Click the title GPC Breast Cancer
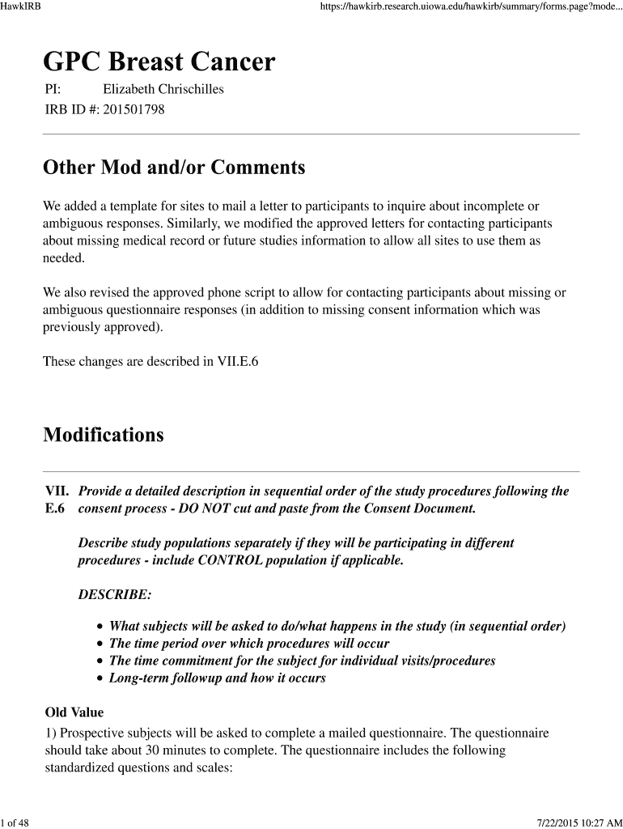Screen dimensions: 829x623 point(159,62)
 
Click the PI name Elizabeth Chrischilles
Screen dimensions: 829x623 point(163,90)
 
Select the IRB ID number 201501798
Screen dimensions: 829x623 point(133,109)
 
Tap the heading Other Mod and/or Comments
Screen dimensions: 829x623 point(174,168)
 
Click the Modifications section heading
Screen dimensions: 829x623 point(103,435)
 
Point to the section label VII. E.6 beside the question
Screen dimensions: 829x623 point(56,500)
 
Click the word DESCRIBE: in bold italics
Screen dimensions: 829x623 point(114,595)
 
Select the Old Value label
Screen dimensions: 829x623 point(74,712)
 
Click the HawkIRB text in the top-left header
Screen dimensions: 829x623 point(21,7)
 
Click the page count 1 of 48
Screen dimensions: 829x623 point(15,823)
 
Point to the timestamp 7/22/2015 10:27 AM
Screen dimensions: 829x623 point(576,823)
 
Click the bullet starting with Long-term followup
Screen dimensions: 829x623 point(217,678)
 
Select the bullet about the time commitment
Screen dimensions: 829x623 point(302,661)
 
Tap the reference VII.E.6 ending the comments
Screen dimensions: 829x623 point(231,361)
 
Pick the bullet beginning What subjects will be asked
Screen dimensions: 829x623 point(337,627)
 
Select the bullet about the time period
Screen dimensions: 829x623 point(249,644)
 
